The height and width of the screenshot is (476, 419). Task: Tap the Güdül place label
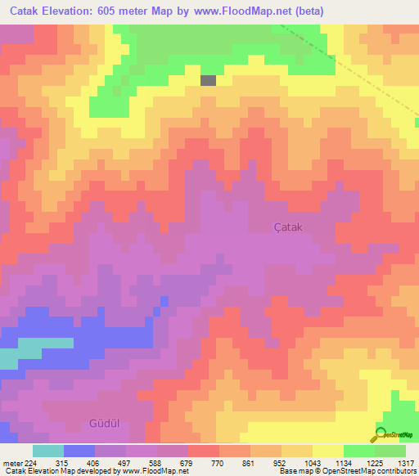pyautogui.click(x=104, y=423)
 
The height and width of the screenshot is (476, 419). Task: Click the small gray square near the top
pyautogui.click(x=209, y=80)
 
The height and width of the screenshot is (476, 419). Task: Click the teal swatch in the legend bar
pyautogui.click(x=48, y=451)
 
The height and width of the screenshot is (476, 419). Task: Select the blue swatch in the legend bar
pyautogui.click(x=79, y=451)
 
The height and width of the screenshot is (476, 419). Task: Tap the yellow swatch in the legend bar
pyautogui.click(x=327, y=451)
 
